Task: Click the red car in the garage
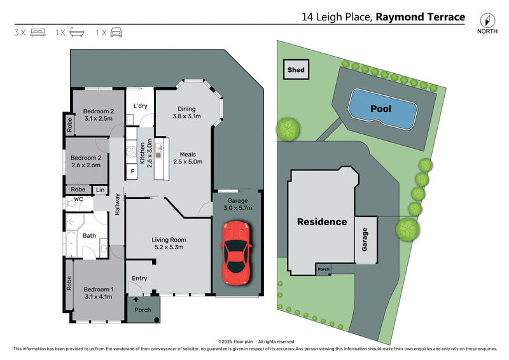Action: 236,253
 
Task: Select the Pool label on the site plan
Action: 382,109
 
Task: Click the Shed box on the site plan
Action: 296,70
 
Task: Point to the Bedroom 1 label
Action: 98,292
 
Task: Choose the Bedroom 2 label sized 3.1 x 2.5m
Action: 98,114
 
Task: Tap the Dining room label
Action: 186,113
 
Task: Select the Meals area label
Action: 187,158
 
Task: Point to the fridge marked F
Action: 132,171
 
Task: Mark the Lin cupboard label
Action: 100,190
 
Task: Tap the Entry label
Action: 139,279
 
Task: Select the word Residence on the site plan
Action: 322,222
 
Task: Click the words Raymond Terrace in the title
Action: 420,17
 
